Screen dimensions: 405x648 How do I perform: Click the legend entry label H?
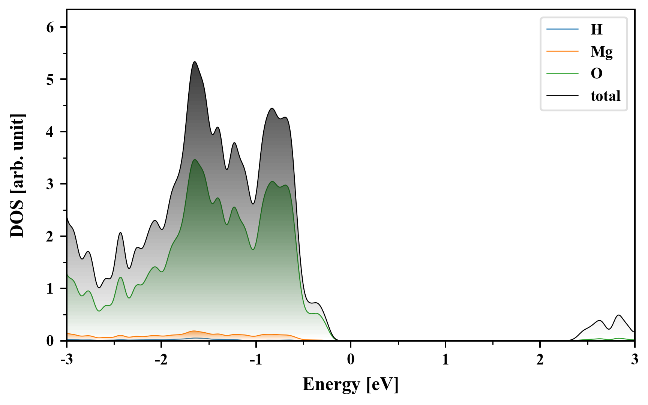coord(596,29)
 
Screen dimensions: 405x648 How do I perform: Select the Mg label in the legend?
coord(601,51)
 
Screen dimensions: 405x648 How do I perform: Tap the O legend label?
coord(596,73)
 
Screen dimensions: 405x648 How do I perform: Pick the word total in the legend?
coord(605,96)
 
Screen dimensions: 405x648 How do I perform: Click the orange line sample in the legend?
coord(562,51)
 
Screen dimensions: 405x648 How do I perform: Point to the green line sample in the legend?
coord(562,73)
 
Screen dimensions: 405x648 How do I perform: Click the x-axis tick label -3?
coord(67,360)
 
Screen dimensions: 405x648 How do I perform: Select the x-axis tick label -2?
coord(161,360)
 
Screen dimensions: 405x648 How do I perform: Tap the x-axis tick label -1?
coord(256,360)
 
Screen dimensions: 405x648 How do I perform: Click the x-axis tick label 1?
coord(445,360)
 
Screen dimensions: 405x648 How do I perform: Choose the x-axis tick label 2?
coord(540,360)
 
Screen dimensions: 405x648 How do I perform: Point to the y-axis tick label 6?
coord(50,27)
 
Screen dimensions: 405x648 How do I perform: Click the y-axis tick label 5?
coord(50,79)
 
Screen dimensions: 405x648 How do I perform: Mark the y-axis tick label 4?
coord(50,132)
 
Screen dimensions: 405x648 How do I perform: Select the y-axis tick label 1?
coord(50,289)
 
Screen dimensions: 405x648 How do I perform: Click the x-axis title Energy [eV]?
coord(351,384)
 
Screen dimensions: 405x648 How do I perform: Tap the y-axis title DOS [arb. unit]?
coord(17,175)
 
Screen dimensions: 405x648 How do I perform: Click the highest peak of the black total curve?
coord(195,62)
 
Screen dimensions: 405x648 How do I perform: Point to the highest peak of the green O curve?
coord(195,160)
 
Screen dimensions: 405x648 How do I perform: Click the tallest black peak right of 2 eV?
coord(618,315)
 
